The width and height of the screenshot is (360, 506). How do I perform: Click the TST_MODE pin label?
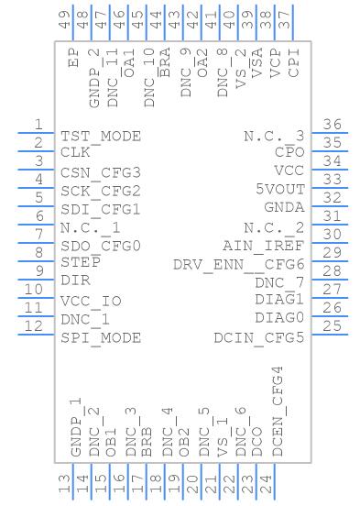tap(101, 136)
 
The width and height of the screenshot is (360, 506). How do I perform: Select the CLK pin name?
tap(75, 153)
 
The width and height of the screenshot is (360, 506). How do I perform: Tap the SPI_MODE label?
tap(101, 337)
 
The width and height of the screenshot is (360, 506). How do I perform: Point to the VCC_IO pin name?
tap(91, 301)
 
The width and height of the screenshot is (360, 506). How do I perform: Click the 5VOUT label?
tap(279, 190)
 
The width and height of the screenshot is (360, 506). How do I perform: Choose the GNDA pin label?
tap(283, 208)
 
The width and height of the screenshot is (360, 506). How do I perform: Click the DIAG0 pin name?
tap(279, 318)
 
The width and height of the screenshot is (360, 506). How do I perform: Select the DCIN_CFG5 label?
tap(259, 337)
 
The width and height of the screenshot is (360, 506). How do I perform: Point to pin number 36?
tap(332, 125)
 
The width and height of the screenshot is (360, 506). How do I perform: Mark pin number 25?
tap(332, 326)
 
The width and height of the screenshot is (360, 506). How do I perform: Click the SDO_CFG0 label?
tap(101, 246)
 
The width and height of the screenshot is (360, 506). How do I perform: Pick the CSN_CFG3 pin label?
tap(101, 172)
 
